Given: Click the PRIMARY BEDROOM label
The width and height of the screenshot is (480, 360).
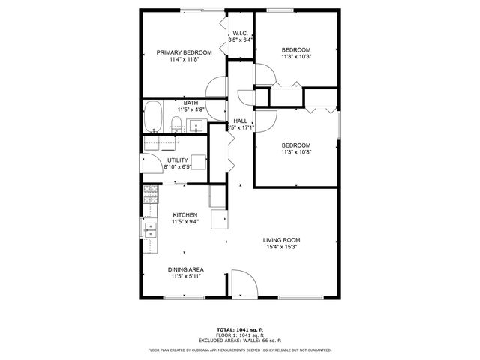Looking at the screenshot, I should (x=184, y=52).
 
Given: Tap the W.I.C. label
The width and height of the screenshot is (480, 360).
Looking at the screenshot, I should (x=240, y=34).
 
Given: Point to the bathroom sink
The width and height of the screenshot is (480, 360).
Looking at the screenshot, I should (x=196, y=125).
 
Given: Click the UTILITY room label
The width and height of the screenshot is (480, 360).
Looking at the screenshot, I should (x=178, y=160).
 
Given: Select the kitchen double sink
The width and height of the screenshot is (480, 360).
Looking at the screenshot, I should (x=149, y=229).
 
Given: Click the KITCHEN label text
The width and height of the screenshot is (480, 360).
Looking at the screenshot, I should (x=184, y=214).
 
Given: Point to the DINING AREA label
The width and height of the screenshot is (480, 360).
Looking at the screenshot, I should (x=187, y=269).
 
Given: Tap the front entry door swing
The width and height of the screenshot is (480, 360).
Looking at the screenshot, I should (x=242, y=286).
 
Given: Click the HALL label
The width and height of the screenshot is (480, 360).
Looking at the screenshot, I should (x=240, y=121).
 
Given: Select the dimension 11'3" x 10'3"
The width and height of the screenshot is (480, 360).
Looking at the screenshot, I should (x=295, y=56).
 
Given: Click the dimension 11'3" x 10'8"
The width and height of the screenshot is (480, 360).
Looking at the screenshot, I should (x=295, y=151).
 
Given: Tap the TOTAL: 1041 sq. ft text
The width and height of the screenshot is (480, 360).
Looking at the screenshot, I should (x=240, y=330).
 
